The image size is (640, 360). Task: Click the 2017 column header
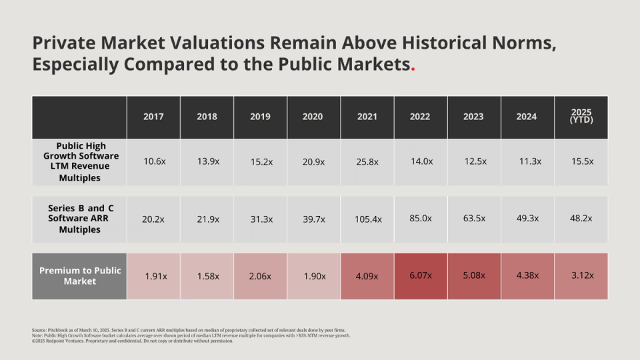(153, 117)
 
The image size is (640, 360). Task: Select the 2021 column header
(367, 117)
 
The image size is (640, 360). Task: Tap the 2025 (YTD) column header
(581, 117)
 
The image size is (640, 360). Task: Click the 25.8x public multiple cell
(367, 161)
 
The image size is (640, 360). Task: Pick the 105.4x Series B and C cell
(367, 219)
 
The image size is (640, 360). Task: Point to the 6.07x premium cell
(421, 275)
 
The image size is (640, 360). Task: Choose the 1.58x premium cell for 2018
(207, 276)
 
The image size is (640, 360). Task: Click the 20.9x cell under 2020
(313, 161)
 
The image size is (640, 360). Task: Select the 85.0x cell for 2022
(421, 218)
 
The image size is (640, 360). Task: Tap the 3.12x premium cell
(581, 275)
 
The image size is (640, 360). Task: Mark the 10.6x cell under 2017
(153, 161)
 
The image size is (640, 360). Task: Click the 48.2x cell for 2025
(581, 218)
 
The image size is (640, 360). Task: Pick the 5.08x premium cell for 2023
(474, 275)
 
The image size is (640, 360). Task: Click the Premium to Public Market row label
(79, 276)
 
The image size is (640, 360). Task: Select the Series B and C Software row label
(79, 219)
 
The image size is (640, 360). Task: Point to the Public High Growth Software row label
(79, 162)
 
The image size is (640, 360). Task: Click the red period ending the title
(413, 68)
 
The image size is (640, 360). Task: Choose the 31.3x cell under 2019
(260, 219)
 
